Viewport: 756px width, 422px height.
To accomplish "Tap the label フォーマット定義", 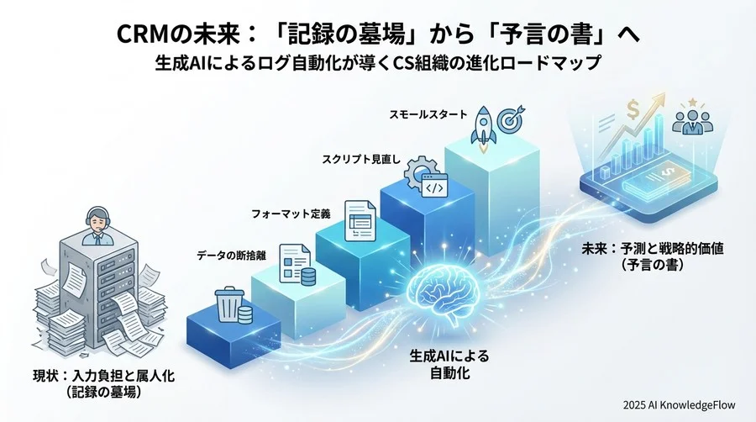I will [x=289, y=214].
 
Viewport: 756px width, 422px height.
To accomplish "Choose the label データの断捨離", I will [x=232, y=253].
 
